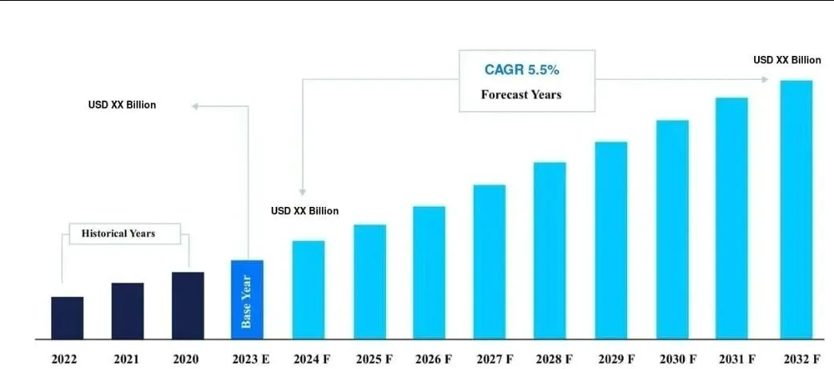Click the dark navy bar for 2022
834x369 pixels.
[x=67, y=318]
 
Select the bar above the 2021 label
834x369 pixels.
[x=128, y=311]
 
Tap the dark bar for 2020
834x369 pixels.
[x=188, y=305]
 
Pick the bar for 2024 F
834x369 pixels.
[x=308, y=290]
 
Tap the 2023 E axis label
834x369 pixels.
[x=250, y=359]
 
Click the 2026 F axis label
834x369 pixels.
[x=432, y=359]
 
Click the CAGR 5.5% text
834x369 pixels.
[x=526, y=69]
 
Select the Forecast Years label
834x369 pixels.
[x=521, y=94]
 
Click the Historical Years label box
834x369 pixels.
[x=118, y=234]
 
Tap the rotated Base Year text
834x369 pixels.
[x=247, y=301]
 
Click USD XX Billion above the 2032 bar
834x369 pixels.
[x=787, y=60]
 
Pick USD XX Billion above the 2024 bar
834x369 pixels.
[x=304, y=211]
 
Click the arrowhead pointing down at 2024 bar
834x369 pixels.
[x=302, y=192]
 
